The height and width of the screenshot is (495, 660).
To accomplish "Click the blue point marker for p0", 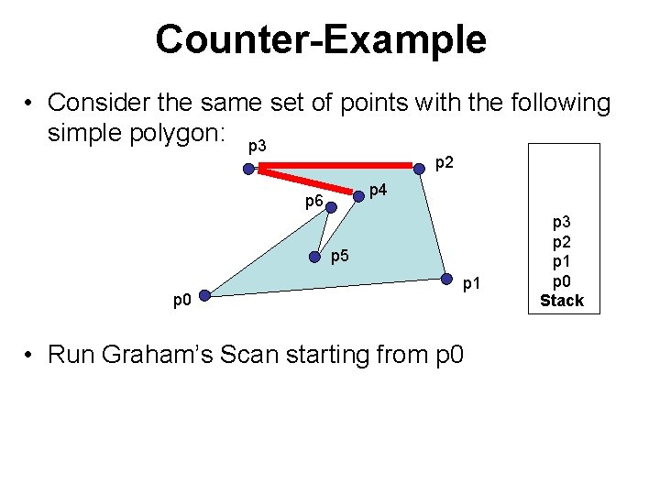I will point(205,295).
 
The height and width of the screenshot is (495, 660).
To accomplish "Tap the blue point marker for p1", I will point(446,280).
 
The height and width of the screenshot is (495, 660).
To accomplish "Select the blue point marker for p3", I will point(248,169).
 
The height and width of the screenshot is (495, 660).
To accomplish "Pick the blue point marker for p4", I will point(358,195).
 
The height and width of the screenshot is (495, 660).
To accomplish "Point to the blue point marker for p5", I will point(315,256).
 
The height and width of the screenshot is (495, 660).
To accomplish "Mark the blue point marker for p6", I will point(331,207).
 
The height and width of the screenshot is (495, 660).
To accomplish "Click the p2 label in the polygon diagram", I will point(444,163).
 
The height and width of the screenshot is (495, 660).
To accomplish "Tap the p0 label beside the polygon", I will point(182,300).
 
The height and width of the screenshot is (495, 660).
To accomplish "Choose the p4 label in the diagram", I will point(377,190).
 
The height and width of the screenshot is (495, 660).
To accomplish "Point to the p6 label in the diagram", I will point(313,200).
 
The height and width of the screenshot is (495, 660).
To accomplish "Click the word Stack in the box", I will point(561,301).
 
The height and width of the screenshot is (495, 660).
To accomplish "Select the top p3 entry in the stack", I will point(561,223).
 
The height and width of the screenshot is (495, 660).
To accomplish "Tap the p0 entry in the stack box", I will point(561,281).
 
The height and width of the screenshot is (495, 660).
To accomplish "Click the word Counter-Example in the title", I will point(321,39).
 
